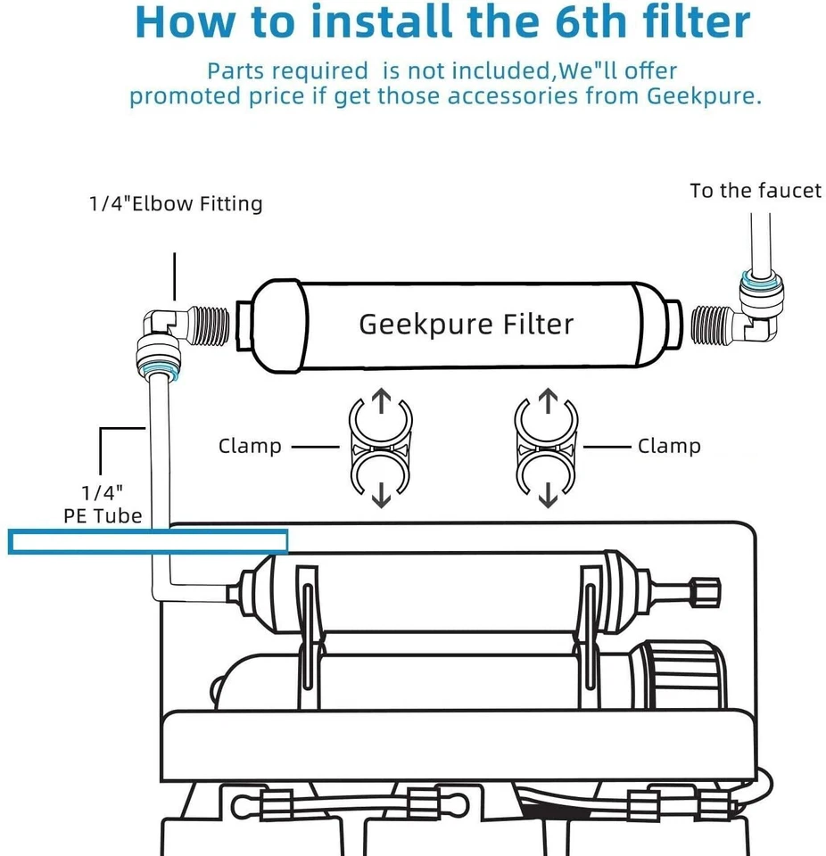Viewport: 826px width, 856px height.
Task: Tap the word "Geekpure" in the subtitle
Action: point(698,95)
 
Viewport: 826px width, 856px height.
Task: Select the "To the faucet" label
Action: point(755,190)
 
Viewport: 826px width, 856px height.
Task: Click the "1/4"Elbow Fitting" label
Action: point(175,204)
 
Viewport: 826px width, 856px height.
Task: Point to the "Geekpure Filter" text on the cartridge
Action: point(466,324)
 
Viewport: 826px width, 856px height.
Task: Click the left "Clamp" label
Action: point(249,445)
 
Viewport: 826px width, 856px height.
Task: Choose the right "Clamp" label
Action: point(668,445)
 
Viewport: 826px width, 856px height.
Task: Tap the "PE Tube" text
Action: point(103,514)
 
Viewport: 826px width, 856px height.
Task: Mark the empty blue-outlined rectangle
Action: point(148,541)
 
